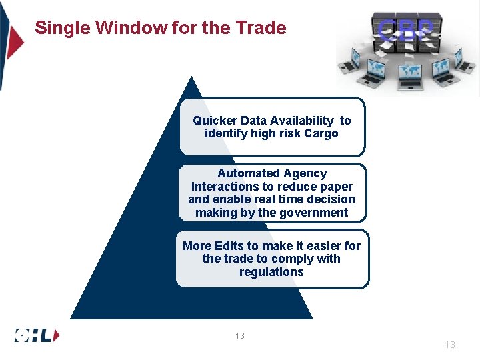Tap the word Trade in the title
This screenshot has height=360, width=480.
pyautogui.click(x=263, y=28)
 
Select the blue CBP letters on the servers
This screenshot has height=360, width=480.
pyautogui.click(x=407, y=28)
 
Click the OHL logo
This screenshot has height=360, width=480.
pyautogui.click(x=37, y=335)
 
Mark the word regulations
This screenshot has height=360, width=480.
pyautogui.click(x=271, y=272)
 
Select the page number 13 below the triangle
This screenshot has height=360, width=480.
pyautogui.click(x=239, y=336)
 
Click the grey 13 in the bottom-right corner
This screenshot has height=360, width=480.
pyautogui.click(x=450, y=345)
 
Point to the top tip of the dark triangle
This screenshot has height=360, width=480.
pyautogui.click(x=192, y=78)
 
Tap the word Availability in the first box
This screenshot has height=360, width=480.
pyautogui.click(x=302, y=121)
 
